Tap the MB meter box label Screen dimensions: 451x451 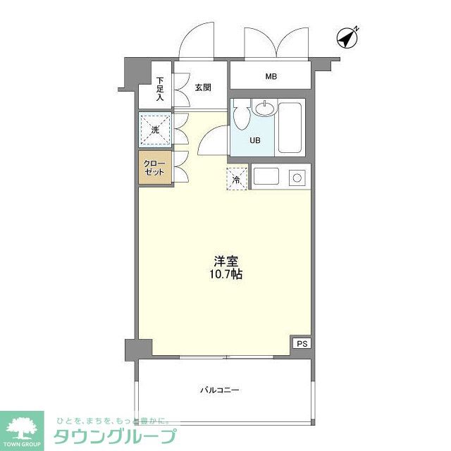pos(271,75)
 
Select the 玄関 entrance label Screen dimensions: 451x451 pos(203,87)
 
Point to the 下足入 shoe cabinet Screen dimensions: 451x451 pos(160,88)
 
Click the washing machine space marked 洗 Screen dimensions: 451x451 pos(155,129)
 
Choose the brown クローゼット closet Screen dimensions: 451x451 pos(154,168)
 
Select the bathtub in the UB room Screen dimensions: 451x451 pos(290,128)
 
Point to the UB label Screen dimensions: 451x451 pos(254,140)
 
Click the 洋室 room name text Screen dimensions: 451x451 pos(225,259)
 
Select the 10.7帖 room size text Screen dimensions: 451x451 pos(225,274)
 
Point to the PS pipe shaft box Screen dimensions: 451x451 pos(302,344)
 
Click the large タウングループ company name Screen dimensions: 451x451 pos(115,435)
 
